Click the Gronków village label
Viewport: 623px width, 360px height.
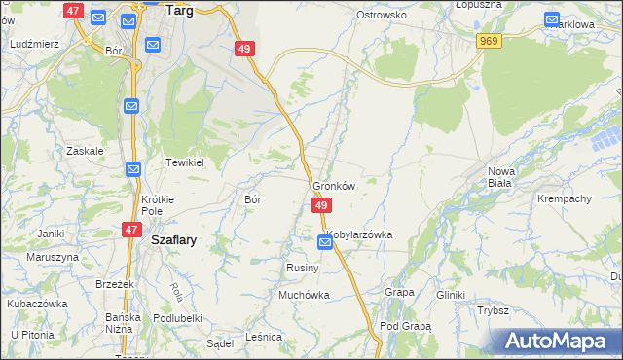tap(334, 186)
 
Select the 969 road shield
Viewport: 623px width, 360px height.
tap(490, 40)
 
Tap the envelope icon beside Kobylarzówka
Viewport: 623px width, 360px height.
tap(325, 242)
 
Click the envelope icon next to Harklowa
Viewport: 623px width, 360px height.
tap(552, 19)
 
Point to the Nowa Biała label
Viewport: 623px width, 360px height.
tap(501, 177)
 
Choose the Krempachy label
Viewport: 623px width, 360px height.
tap(565, 198)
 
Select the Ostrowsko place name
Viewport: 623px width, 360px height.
tap(381, 16)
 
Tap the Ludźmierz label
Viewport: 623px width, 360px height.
tap(34, 45)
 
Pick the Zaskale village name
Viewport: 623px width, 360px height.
tap(85, 152)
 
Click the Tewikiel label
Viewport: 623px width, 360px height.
tap(184, 162)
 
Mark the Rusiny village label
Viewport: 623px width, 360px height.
tap(298, 267)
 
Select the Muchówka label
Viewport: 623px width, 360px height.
tap(305, 294)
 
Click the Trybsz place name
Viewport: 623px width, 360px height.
tap(494, 310)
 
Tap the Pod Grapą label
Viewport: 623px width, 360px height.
tap(405, 326)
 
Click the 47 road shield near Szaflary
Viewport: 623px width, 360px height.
tap(130, 229)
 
